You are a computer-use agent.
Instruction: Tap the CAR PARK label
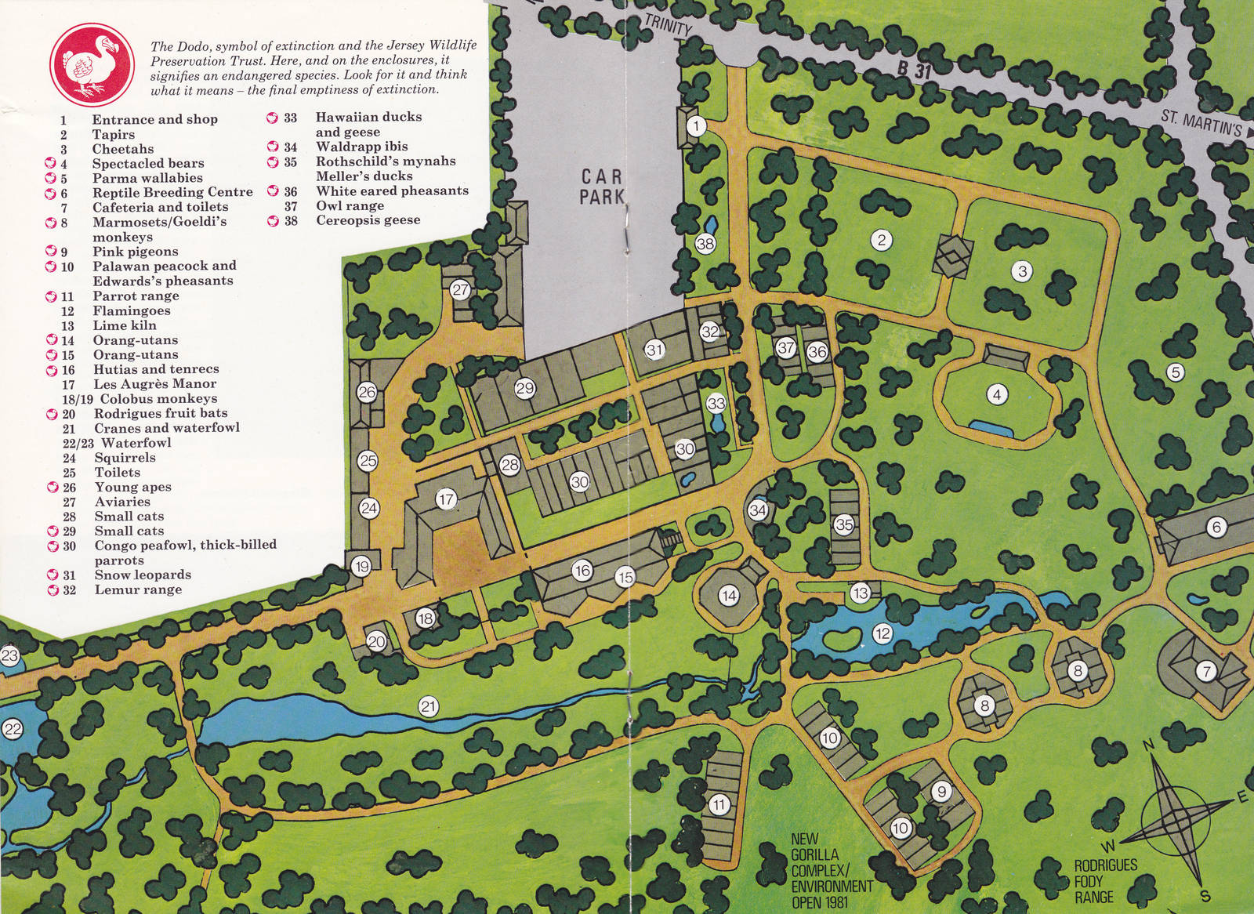601,187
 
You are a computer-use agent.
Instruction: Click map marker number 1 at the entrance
696,125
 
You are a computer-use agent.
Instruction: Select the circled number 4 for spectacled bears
996,394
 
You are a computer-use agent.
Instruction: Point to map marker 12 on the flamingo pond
883,633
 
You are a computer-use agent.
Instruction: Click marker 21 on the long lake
428,707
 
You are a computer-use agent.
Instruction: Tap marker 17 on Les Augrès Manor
446,499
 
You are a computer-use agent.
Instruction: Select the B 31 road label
915,69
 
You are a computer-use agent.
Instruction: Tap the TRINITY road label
668,24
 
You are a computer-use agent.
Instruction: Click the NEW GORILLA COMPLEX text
830,870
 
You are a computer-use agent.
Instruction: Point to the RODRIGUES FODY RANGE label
1105,881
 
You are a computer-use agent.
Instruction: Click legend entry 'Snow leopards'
142,575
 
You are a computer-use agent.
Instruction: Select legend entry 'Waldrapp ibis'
361,147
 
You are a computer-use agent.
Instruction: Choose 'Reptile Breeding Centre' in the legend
172,192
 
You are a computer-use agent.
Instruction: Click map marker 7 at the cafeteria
1205,670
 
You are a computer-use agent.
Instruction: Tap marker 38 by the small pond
705,244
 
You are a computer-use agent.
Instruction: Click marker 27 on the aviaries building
460,290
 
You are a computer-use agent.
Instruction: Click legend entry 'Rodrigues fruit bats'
161,413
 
